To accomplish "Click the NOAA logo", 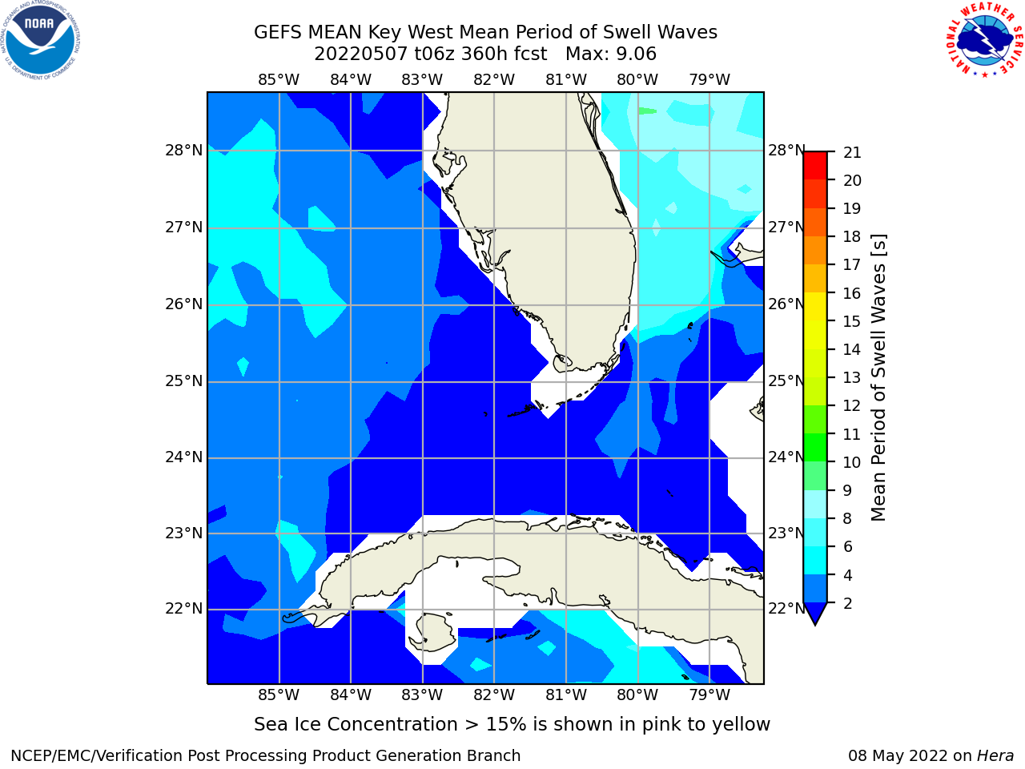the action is [40, 40].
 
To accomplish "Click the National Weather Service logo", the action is [985, 39].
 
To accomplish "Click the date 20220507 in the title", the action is [360, 54].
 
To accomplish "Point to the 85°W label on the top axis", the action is [279, 79].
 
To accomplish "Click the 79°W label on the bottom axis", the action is [709, 695].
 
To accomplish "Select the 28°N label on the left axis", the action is [184, 151].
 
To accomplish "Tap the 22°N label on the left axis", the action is [184, 609].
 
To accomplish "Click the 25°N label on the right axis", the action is [786, 381].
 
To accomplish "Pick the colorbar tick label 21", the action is [852, 152].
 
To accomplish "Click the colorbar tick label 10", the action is [852, 462].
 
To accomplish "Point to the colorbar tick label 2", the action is [848, 603].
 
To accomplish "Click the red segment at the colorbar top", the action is [815, 165].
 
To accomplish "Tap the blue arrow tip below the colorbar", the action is [815, 624].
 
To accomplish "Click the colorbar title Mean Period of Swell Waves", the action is [878, 377].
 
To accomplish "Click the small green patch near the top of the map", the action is [647, 111].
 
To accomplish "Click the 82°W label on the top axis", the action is [494, 79].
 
